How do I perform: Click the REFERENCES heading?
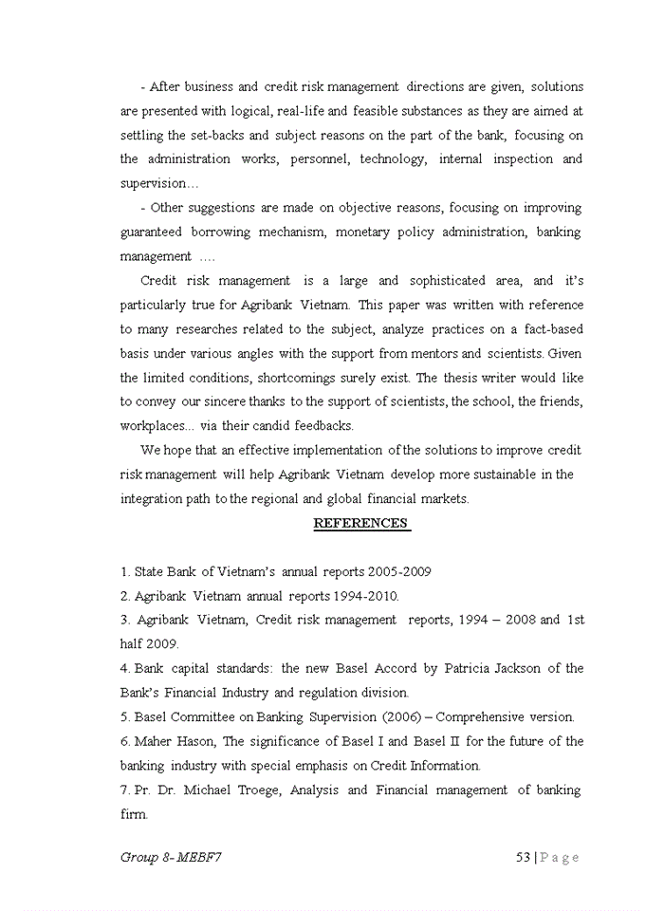pyautogui.click(x=360, y=523)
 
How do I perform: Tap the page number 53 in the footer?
pyautogui.click(x=522, y=857)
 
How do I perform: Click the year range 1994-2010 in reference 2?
pyautogui.click(x=365, y=596)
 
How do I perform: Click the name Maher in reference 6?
pyautogui.click(x=153, y=741)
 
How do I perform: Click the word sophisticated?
pyautogui.click(x=453, y=281)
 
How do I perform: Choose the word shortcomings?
pyautogui.click(x=260, y=378)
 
